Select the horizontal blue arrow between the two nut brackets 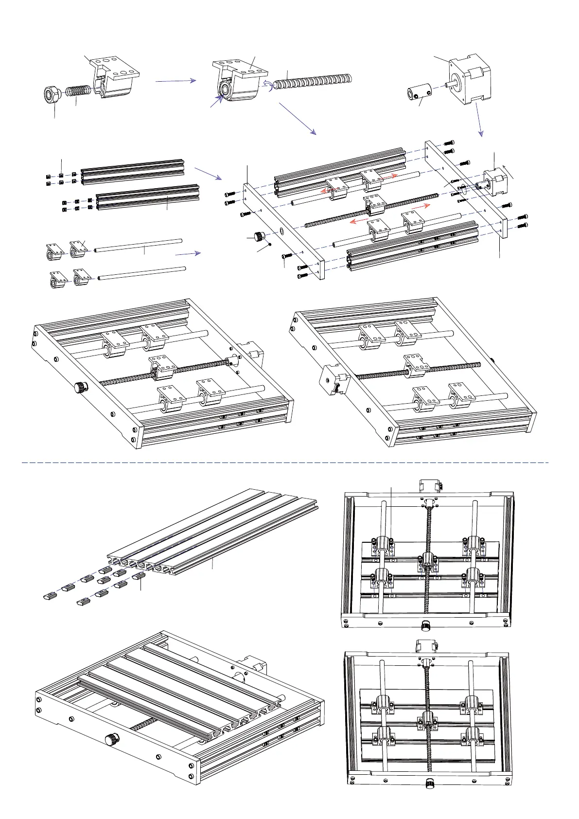tap(175, 81)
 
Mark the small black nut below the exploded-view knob tap(270, 245)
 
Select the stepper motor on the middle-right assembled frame tap(333, 377)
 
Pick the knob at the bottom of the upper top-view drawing tap(426, 625)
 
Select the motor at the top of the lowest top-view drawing tap(426, 646)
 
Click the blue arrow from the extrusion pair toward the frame tap(208, 173)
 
